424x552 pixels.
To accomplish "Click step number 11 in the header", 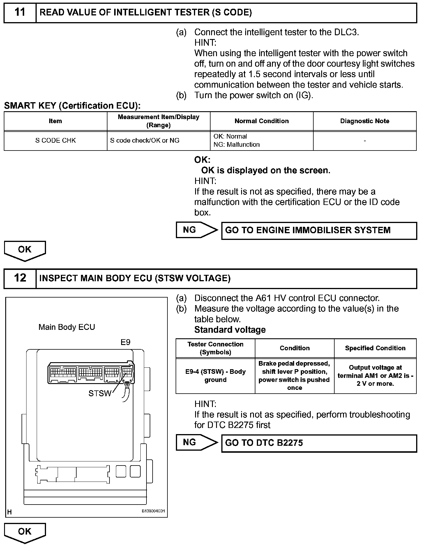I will click(20, 13).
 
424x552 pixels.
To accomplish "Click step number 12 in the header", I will click(20, 278).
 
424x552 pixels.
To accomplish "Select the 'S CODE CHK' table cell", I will click(55, 141).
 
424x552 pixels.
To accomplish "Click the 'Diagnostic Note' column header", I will click(365, 121).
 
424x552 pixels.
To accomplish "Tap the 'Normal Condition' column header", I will click(262, 121).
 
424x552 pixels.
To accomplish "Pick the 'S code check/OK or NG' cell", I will click(145, 141).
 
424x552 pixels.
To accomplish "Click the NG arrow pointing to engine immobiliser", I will click(196, 230).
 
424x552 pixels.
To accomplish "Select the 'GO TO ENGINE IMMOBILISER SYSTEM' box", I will click(319, 231).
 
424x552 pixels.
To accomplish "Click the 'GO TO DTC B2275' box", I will click(319, 443).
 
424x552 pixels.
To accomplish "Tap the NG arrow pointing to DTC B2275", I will click(196, 443).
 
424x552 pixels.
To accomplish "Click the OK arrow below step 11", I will click(25, 250).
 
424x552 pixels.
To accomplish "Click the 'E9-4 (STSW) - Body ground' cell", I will click(215, 376).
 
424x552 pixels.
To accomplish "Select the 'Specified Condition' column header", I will click(375, 348).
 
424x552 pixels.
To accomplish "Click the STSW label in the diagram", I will click(100, 394).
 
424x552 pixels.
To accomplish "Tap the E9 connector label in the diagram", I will click(126, 342).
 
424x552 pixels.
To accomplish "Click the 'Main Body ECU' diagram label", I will click(67, 327).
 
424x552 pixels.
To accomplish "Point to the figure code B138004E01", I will click(153, 511).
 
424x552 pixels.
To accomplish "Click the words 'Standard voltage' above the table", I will click(230, 330).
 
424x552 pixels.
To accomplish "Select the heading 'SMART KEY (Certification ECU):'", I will click(72, 106).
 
